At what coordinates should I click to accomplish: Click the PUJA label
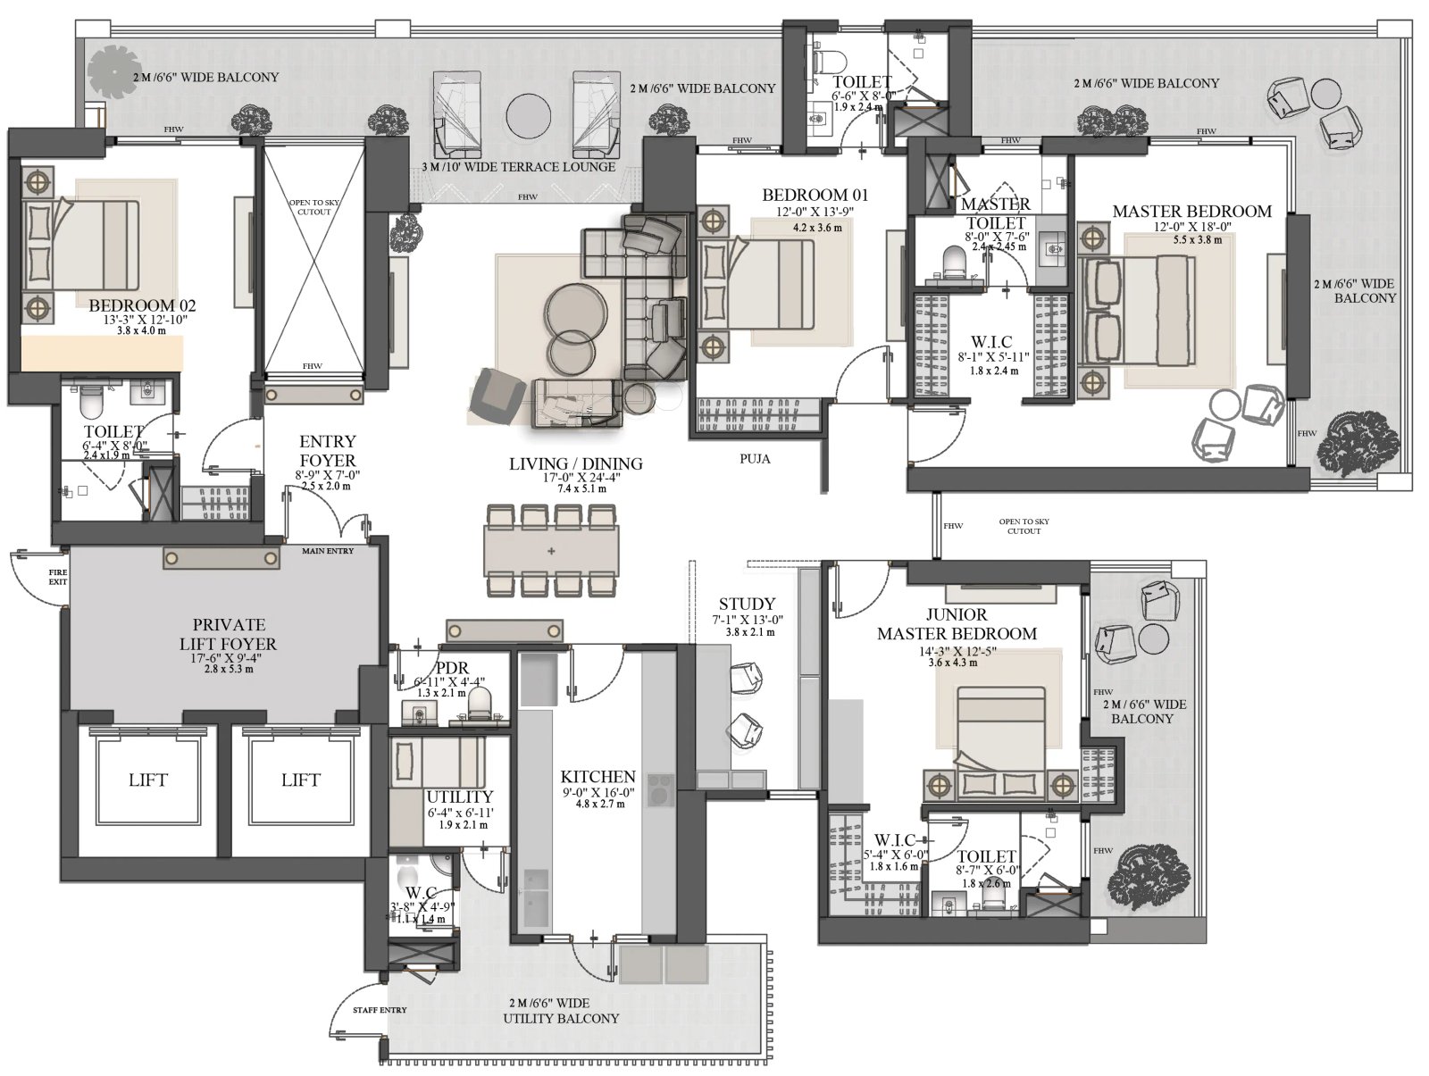[755, 459]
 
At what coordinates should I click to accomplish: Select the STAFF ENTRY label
[380, 1010]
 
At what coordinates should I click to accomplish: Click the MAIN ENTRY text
[328, 551]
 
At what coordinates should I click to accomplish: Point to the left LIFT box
[147, 780]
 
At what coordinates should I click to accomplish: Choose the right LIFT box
[300, 780]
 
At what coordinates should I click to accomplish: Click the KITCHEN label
[598, 777]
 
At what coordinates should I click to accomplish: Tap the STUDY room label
[747, 604]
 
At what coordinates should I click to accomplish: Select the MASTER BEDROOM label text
[1191, 212]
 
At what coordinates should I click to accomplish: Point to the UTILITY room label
[459, 797]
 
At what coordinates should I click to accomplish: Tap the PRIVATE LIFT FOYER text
[235, 634]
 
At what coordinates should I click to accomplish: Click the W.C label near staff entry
[420, 892]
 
